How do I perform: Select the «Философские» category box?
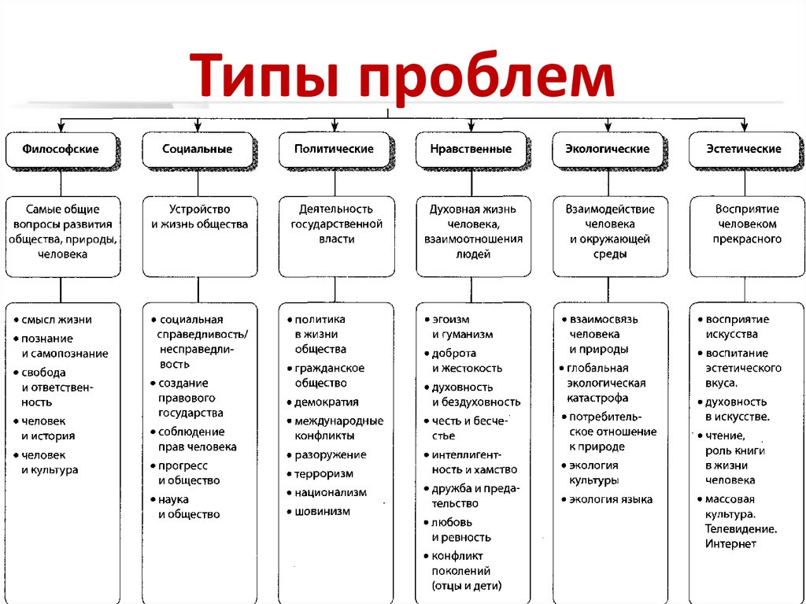[61, 149]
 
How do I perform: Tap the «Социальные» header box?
[197, 149]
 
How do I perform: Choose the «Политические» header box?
[335, 149]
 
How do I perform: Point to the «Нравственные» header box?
[471, 149]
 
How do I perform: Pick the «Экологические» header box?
[608, 149]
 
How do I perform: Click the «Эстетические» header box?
[744, 149]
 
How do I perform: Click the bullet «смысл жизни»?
[57, 320]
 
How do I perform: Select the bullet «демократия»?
[327, 402]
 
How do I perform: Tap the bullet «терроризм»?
[324, 473]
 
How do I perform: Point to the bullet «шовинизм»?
[323, 511]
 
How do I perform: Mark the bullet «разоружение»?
[331, 454]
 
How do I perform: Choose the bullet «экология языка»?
[611, 499]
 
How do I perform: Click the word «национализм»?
[331, 492]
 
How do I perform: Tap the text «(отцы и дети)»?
[466, 585]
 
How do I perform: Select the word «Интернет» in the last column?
[730, 543]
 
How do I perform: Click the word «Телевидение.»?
[741, 528]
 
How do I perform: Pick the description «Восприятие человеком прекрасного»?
[747, 224]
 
